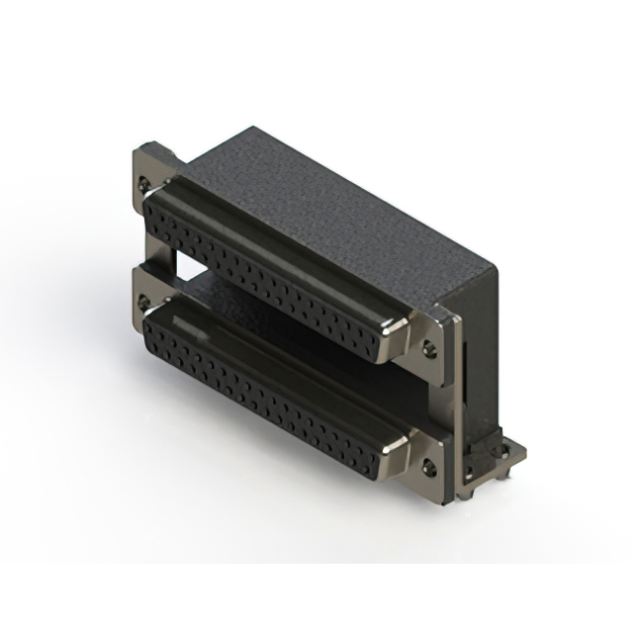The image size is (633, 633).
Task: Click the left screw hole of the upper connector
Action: pyautogui.click(x=147, y=183)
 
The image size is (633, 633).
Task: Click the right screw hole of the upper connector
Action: pyautogui.click(x=429, y=347)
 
